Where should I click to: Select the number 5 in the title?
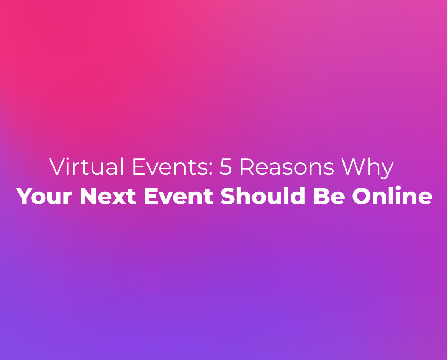pyautogui.click(x=225, y=167)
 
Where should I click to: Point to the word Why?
pyautogui.click(x=368, y=168)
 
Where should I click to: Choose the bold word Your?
pyautogui.click(x=44, y=196)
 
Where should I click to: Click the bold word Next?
pyautogui.click(x=108, y=196)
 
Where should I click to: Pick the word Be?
pyautogui.click(x=329, y=196)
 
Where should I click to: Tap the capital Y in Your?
pyautogui.click(x=26, y=196)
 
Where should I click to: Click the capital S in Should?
pyautogui.click(x=228, y=196)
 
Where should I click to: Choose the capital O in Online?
pyautogui.click(x=362, y=196)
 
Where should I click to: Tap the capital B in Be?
pyautogui.click(x=321, y=196)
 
